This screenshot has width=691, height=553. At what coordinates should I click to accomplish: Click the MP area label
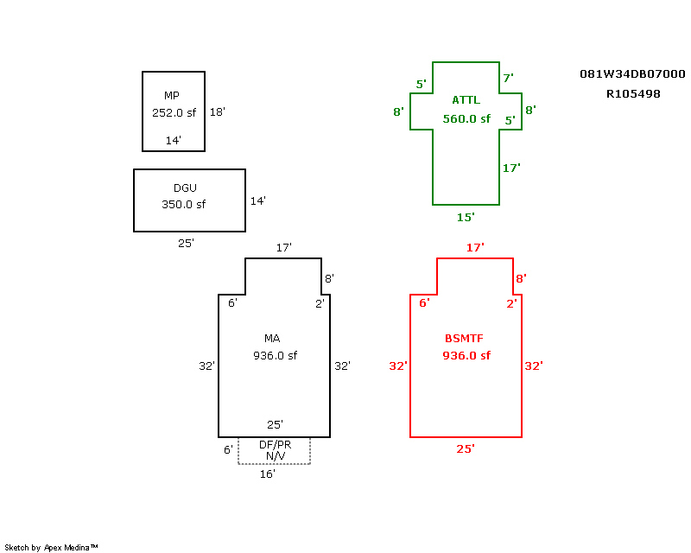[x=171, y=95]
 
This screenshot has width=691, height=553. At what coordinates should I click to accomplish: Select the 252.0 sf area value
[x=173, y=112]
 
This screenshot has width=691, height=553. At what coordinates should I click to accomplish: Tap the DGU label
[x=184, y=188]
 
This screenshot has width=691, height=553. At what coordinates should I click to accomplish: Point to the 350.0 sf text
[x=184, y=205]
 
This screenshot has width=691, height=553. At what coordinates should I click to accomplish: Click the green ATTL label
[x=466, y=100]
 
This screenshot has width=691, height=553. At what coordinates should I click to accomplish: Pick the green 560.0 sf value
[x=466, y=119]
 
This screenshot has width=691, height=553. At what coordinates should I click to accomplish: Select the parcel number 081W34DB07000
[x=632, y=74]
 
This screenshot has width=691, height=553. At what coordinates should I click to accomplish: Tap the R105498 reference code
[x=633, y=93]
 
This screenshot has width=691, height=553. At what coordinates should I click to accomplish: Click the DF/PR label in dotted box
[x=275, y=445]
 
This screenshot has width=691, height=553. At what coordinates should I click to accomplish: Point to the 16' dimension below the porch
[x=268, y=474]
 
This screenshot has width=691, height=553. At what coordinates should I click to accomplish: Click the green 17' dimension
[x=511, y=168]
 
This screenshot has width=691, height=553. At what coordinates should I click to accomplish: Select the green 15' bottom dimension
[x=466, y=217]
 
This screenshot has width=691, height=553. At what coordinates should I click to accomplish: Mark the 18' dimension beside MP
[x=217, y=111]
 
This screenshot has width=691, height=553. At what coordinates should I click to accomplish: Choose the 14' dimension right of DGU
[x=257, y=201]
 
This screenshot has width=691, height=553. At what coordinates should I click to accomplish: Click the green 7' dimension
[x=508, y=78]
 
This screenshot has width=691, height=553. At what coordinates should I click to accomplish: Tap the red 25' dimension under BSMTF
[x=466, y=448]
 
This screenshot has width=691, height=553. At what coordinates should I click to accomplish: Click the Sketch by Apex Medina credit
[x=52, y=547]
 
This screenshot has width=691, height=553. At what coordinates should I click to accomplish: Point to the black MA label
[x=272, y=338]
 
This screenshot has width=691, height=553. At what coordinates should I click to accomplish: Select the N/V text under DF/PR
[x=275, y=455]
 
